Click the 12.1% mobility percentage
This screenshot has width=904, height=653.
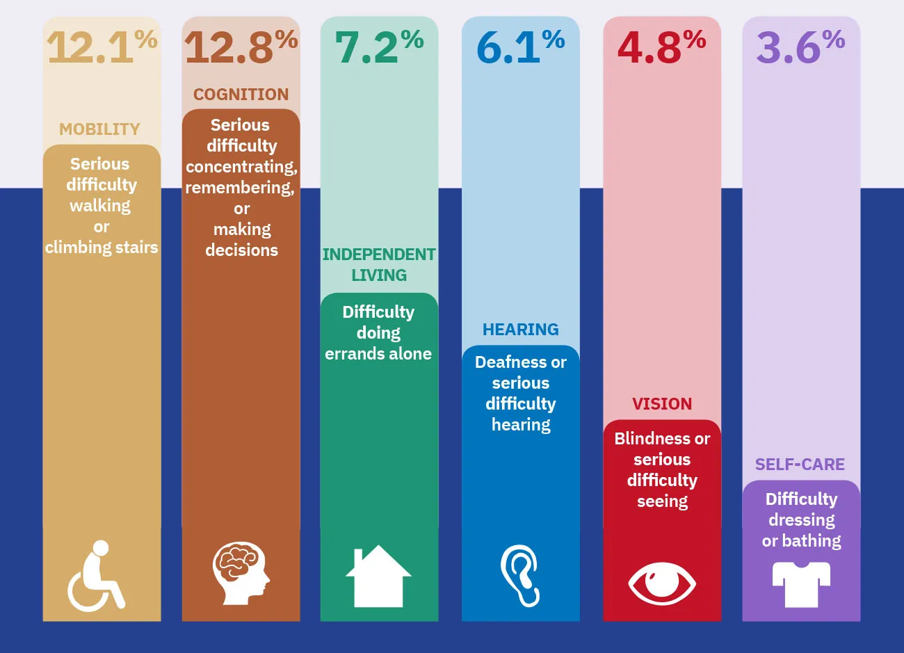tap(102, 47)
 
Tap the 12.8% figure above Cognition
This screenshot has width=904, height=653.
tap(241, 47)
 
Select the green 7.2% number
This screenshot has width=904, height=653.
tap(379, 47)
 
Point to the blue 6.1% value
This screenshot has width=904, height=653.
tap(520, 47)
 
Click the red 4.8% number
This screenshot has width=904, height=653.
tap(661, 47)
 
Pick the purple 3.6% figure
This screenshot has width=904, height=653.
tap(800, 47)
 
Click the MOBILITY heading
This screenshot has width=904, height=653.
tap(99, 129)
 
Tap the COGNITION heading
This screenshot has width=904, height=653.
tap(241, 95)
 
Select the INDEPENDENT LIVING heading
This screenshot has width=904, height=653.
tap(379, 265)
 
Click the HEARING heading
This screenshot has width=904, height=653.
tap(520, 330)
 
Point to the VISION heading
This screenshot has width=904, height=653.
tap(662, 404)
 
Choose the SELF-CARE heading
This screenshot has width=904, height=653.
tap(800, 465)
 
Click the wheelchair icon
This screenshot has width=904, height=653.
tap(96, 576)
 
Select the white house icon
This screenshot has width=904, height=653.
tap(378, 576)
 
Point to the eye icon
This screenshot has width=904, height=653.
tap(661, 583)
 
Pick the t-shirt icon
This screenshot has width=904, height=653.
tap(801, 583)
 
